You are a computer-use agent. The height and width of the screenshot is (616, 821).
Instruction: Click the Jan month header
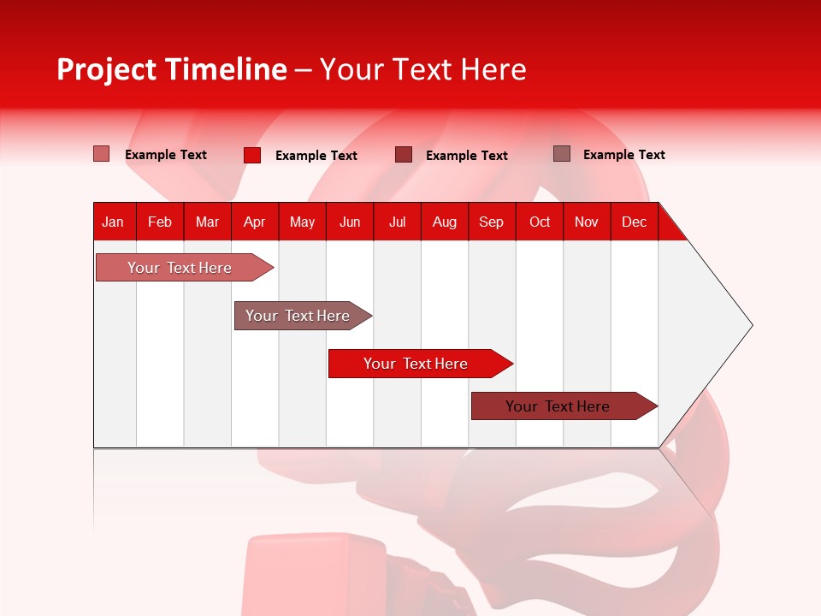click(113, 222)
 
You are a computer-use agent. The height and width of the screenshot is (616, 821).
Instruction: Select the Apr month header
click(255, 222)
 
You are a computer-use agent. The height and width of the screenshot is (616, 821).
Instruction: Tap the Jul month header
click(397, 222)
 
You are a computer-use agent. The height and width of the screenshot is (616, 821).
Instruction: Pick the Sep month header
click(491, 222)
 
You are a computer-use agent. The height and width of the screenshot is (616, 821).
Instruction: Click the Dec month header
click(634, 222)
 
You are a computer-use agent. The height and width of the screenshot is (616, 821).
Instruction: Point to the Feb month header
click(160, 222)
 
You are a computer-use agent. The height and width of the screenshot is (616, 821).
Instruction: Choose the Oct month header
click(540, 222)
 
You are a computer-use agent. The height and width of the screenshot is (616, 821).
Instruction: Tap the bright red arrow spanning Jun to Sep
click(416, 364)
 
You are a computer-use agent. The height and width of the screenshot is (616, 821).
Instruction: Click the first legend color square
click(101, 154)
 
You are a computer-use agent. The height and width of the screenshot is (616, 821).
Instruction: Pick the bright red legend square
click(252, 155)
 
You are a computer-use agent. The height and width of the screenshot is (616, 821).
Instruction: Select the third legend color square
click(404, 154)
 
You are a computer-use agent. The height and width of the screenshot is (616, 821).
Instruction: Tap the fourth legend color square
click(561, 153)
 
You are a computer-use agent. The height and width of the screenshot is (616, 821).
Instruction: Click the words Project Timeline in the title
click(171, 69)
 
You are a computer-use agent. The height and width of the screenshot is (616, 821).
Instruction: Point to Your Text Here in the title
click(422, 69)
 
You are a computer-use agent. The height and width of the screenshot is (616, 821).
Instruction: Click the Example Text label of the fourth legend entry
click(623, 155)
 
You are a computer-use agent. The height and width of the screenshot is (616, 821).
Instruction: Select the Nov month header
click(587, 222)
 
